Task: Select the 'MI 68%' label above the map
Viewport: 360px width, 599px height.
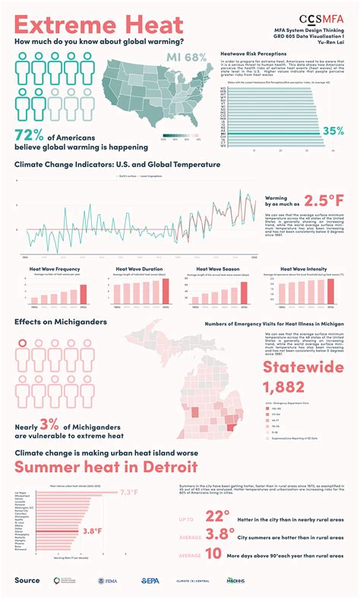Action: (186, 58)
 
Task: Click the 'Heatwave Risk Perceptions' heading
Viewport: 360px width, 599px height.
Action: (253, 55)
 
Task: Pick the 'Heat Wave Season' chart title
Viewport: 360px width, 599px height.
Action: (219, 268)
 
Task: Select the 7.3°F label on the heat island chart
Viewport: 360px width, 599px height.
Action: (129, 493)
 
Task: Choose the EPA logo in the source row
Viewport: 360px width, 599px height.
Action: (150, 581)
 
